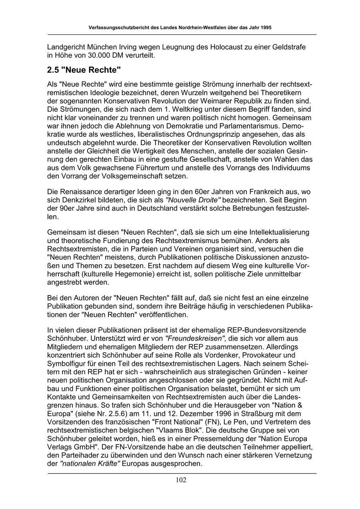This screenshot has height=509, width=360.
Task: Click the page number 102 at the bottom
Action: point(181,480)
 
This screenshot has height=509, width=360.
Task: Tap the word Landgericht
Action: point(66,47)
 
